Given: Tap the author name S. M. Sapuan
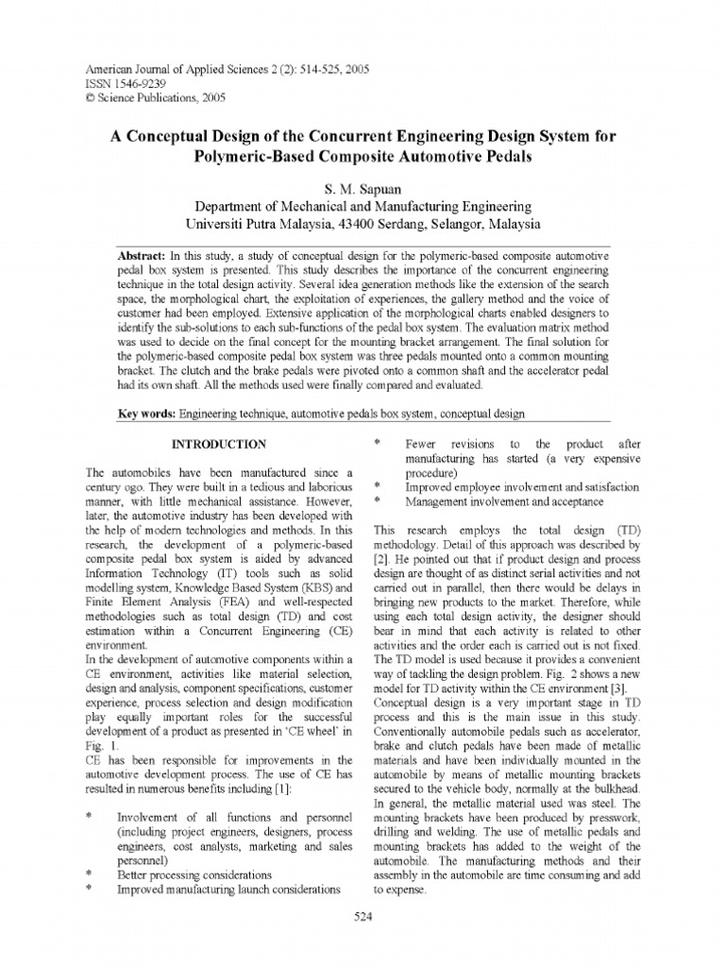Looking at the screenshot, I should tap(362, 189).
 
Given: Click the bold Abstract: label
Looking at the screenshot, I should tap(141, 256).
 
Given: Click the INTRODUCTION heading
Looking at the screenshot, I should tap(216, 444).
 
